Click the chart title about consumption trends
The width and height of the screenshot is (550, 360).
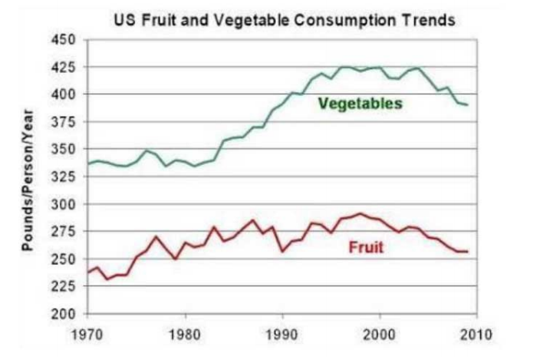pyautogui.click(x=285, y=20)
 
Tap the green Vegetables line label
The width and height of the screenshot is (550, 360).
pyautogui.click(x=360, y=104)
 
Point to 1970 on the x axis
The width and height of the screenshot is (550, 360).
pyautogui.click(x=88, y=335)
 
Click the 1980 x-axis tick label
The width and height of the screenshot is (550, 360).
pyautogui.click(x=185, y=335)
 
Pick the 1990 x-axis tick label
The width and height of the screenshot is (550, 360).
pyautogui.click(x=282, y=335)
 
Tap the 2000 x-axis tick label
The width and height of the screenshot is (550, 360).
pyautogui.click(x=380, y=335)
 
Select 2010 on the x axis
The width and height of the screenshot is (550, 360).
pyautogui.click(x=476, y=335)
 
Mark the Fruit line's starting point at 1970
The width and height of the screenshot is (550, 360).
pyautogui.click(x=88, y=272)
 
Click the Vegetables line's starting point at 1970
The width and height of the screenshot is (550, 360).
pyautogui.click(x=88, y=163)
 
